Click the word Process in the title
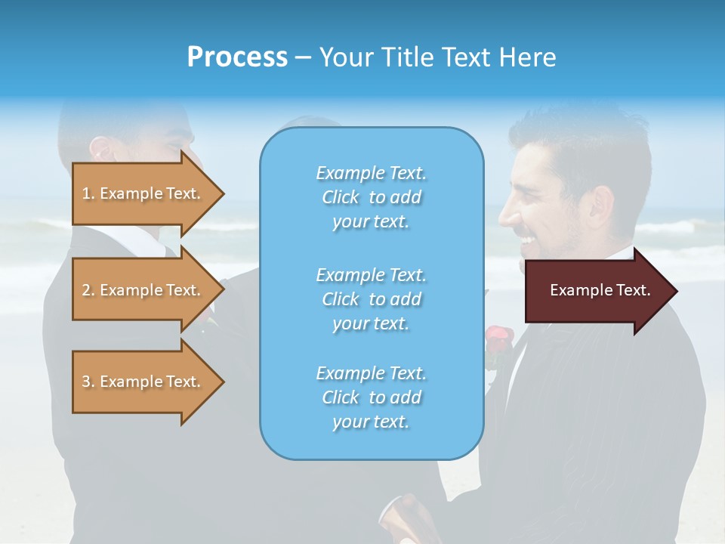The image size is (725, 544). click(237, 57)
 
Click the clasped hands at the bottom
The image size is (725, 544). click(408, 518)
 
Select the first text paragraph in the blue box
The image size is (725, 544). click(371, 197)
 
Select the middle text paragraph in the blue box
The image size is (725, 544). click(371, 299)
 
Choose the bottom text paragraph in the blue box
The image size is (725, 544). click(371, 397)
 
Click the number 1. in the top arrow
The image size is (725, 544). click(88, 194)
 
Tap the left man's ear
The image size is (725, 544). click(103, 150)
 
